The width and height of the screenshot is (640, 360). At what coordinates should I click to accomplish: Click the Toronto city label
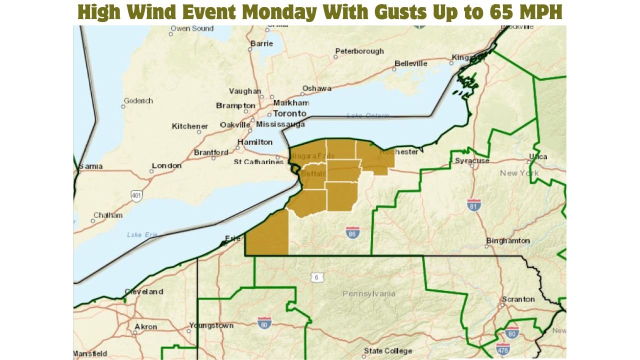289,113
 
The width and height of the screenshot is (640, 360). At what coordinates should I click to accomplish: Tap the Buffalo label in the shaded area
313,174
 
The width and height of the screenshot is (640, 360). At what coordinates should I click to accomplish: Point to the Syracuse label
472,161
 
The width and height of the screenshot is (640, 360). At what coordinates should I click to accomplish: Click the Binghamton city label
508,241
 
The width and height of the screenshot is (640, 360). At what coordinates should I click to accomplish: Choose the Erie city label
232,238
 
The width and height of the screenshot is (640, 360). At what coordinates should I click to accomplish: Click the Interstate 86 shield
352,232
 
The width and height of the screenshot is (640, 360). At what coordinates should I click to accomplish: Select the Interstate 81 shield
474,204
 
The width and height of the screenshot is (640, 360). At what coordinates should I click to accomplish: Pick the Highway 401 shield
136,195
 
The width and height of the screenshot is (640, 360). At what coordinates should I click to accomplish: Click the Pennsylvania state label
369,293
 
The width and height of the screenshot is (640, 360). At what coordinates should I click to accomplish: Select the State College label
388,351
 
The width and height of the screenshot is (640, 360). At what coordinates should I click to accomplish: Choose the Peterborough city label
359,51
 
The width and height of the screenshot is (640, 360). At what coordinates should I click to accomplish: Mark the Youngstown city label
211,325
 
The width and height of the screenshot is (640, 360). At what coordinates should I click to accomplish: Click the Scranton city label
518,299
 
